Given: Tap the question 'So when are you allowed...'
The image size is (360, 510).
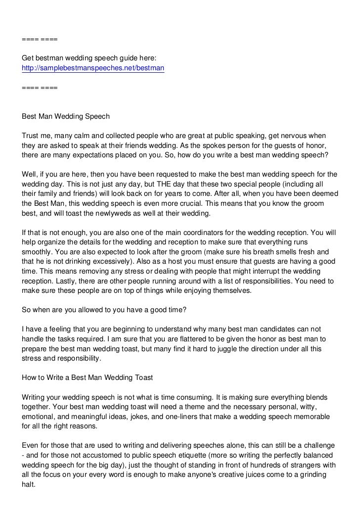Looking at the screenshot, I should click(97, 310).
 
